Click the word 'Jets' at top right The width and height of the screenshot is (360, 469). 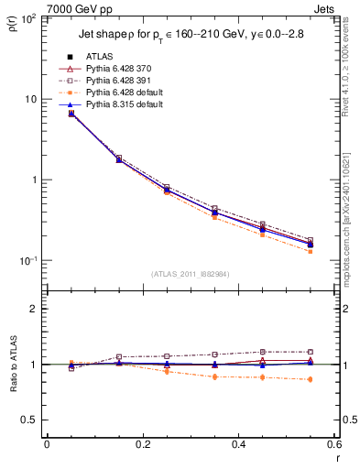(326, 7)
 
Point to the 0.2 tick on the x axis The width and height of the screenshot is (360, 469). (142, 444)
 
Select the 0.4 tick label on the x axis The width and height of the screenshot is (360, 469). (239, 444)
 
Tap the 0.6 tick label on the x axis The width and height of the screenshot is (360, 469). (334, 444)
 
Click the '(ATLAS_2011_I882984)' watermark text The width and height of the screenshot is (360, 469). (190, 274)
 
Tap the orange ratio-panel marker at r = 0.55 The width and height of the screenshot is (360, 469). (311, 379)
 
